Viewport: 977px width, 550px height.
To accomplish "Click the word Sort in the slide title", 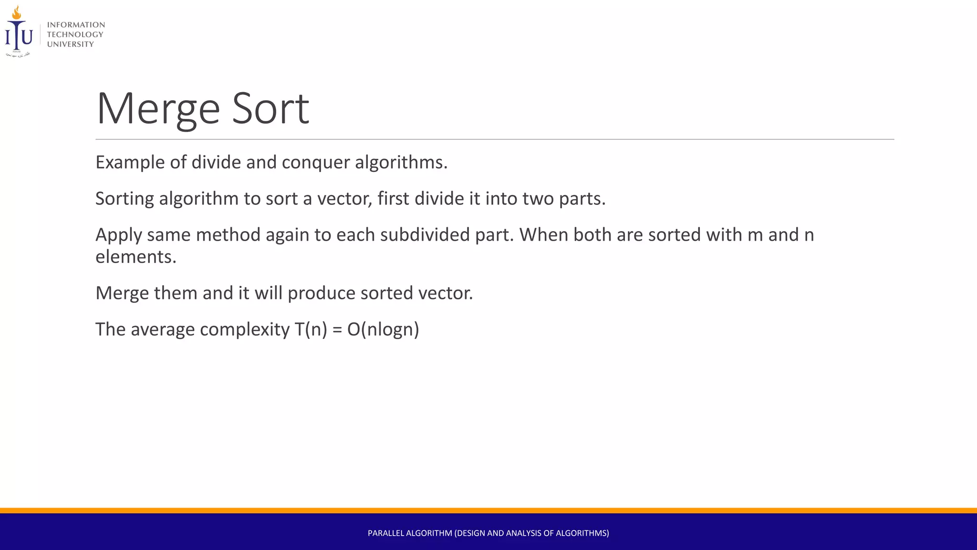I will (270, 109).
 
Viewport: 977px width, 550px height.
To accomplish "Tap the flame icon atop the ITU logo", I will (17, 12).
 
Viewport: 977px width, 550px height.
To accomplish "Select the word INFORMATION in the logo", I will (76, 25).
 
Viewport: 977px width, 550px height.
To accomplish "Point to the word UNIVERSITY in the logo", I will (71, 44).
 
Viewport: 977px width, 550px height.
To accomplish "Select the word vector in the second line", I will (344, 199).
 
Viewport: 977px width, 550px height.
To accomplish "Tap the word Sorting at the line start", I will (125, 199).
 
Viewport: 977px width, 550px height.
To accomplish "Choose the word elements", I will (136, 257).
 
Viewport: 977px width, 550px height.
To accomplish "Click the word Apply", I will (119, 235).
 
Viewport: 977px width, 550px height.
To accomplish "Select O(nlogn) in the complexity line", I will (383, 329).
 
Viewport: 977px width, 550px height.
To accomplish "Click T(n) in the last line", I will (311, 329).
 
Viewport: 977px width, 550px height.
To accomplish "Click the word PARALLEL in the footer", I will (386, 533).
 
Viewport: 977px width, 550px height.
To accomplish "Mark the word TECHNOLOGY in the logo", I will (75, 34).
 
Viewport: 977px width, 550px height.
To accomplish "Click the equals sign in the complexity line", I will (337, 330).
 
